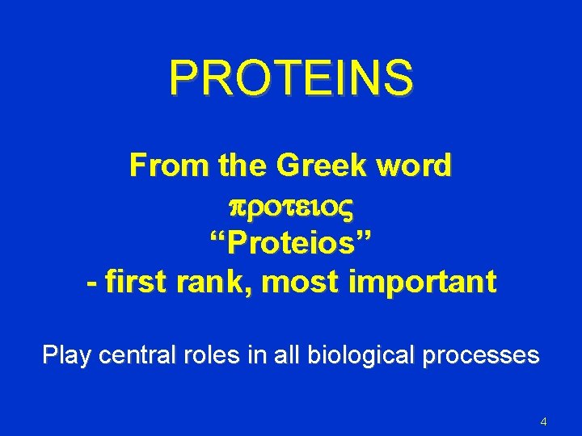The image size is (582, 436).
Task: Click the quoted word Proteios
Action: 291,243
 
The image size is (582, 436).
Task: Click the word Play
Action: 70,355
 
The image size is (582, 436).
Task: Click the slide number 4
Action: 543,422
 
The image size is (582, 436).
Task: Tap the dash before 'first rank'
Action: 91,283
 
